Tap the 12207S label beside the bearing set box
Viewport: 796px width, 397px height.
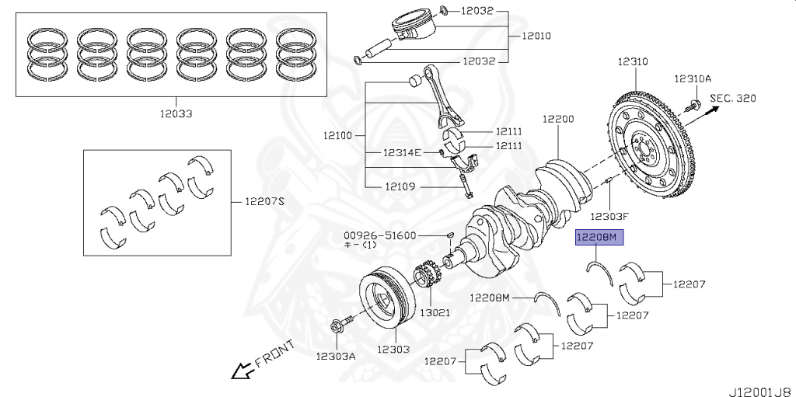[266, 201]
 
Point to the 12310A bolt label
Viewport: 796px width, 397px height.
[693, 78]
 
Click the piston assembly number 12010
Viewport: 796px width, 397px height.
[536, 36]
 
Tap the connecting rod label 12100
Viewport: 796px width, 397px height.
[337, 135]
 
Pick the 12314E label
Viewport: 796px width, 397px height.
[401, 152]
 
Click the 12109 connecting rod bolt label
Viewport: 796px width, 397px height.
[402, 186]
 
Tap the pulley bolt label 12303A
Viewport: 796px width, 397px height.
[336, 356]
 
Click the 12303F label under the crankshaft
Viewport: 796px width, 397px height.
[609, 216]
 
